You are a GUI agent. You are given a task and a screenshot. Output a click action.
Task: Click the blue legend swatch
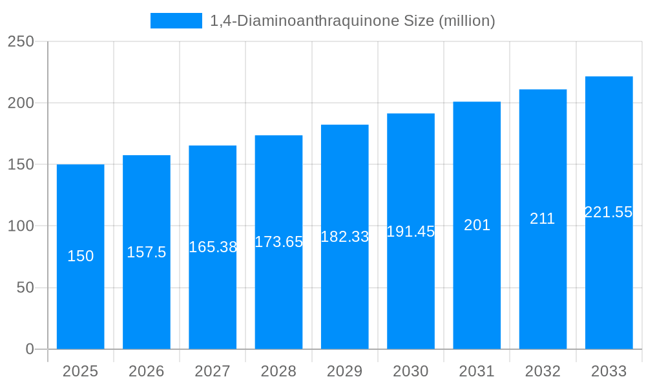click(176, 21)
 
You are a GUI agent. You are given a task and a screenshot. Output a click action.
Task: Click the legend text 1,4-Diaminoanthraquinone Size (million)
click(353, 21)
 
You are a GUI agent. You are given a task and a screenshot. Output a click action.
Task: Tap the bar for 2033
click(609, 278)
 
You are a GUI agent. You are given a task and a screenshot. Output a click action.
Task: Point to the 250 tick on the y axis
click(21, 41)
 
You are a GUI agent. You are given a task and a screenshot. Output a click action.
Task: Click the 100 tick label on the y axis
click(21, 226)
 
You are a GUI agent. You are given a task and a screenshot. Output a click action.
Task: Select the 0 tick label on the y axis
click(30, 349)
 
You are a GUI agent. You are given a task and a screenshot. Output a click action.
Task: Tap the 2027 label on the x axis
click(213, 371)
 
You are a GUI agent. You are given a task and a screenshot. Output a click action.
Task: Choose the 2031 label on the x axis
click(477, 371)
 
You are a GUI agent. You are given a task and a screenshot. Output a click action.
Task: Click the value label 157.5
click(147, 252)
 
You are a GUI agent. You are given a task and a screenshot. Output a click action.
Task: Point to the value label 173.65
click(279, 242)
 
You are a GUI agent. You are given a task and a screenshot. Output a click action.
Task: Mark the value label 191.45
click(411, 232)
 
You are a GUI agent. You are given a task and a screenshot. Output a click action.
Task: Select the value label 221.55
click(609, 212)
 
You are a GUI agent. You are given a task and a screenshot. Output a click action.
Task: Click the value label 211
click(543, 219)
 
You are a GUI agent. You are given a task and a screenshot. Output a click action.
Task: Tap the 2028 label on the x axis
click(278, 371)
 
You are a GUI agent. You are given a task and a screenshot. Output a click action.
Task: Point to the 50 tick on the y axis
click(25, 288)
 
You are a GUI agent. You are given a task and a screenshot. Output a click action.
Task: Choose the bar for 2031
click(477, 291)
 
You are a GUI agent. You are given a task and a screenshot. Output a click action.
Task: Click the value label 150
click(81, 256)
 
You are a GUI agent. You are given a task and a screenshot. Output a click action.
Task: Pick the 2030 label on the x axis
click(411, 371)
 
